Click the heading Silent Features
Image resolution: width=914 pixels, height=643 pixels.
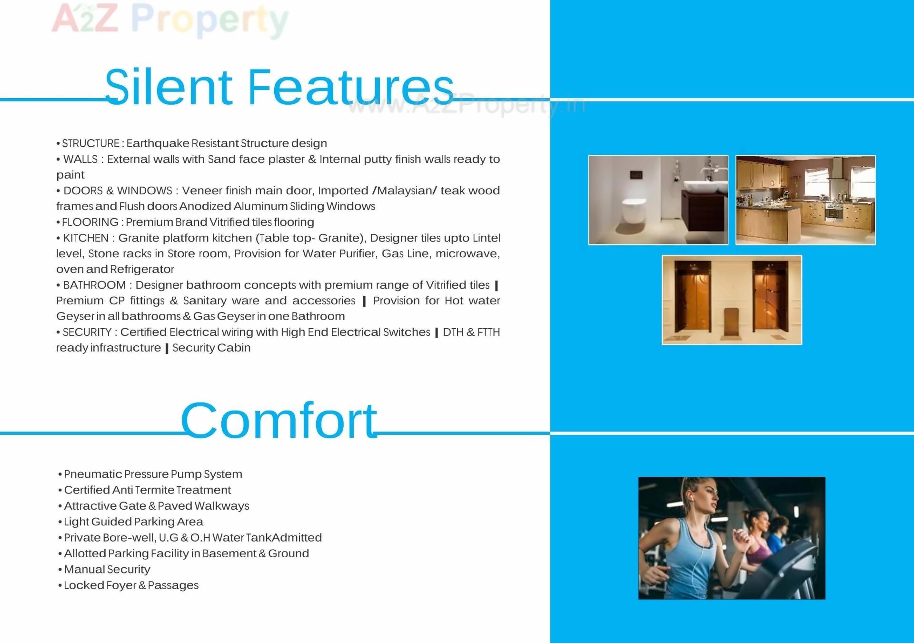point(279,87)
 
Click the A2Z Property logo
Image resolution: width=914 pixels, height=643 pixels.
point(170,20)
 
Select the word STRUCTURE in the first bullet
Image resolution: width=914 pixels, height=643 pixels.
point(91,143)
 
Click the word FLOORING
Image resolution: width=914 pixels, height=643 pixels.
point(90,222)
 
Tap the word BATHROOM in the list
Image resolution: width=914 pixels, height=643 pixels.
point(94,285)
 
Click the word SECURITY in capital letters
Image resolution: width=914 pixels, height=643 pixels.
point(87,332)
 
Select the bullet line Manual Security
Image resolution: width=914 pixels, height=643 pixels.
point(107,569)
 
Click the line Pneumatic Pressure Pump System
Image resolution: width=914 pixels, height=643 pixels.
point(153,474)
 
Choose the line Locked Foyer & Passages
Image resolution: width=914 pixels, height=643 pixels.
point(131,585)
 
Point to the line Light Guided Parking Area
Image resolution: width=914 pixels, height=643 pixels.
point(133,522)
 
